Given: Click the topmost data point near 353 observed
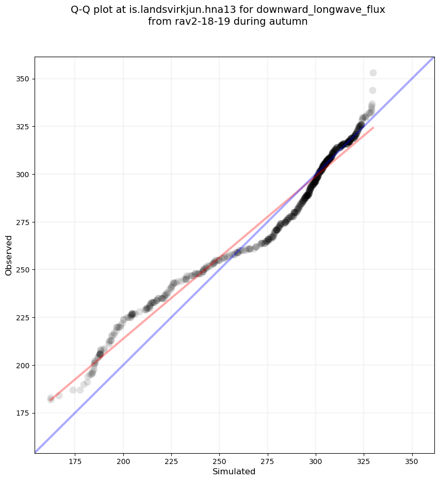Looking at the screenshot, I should point(373,73).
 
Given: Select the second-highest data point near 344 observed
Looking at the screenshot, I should point(372,90).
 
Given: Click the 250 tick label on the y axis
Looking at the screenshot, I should point(23,270).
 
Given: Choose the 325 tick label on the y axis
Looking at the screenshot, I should point(23,127).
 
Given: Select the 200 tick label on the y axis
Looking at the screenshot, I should point(23,365).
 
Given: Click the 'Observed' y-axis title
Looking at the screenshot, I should point(9,255).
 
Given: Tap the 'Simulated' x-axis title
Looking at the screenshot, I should point(234,472).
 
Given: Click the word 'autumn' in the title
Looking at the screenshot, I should point(288,22).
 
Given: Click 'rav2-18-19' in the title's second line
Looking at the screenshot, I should point(197,22).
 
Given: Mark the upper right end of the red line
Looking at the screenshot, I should point(373,127).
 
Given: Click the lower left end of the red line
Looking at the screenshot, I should point(51,400).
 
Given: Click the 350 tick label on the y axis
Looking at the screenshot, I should point(23,79).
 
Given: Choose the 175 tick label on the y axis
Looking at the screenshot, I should point(23,413).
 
